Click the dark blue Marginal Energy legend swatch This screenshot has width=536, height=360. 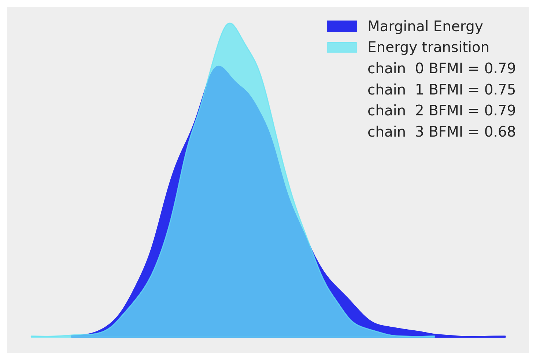click(342, 26)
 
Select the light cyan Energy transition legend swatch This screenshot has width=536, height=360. click(342, 47)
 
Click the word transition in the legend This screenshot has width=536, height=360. click(456, 47)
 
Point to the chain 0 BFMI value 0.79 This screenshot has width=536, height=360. click(500, 68)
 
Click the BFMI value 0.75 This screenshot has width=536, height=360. click(500, 90)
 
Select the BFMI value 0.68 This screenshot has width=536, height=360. click(500, 132)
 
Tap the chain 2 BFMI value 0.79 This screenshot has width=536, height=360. click(500, 111)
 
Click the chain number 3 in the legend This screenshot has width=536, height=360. click(419, 132)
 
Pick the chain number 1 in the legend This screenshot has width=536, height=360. click(419, 90)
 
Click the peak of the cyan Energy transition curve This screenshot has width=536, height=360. click(230, 23)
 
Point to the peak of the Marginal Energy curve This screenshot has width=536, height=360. click(218, 66)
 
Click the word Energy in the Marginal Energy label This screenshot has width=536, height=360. click(458, 26)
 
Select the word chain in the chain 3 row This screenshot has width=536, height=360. click(387, 132)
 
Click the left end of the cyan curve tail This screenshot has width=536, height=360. click(32, 337)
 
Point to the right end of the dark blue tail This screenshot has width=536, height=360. click(505, 337)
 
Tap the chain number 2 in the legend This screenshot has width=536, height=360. click(419, 111)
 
